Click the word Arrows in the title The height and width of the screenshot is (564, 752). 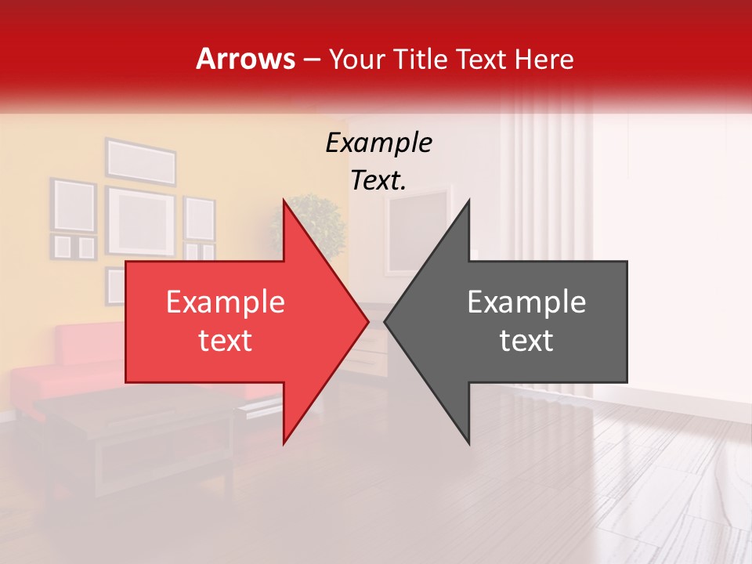(x=246, y=59)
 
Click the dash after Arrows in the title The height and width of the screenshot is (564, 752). (x=312, y=60)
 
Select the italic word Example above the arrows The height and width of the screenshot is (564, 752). (x=378, y=143)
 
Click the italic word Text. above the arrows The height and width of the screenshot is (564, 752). (x=378, y=180)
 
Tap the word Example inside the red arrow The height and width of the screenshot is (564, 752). (x=225, y=302)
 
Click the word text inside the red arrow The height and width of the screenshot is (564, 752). (x=225, y=341)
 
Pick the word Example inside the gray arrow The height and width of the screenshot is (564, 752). (x=526, y=302)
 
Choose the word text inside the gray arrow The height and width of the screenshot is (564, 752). (x=526, y=341)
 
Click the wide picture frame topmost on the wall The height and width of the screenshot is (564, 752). (x=141, y=161)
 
